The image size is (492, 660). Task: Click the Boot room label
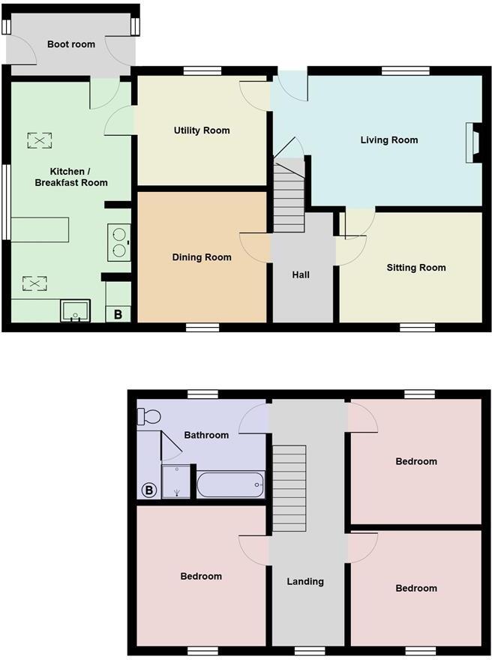coord(71,44)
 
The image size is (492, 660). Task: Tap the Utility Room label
coord(202,130)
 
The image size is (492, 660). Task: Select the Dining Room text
coord(202,257)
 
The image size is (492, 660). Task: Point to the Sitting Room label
coord(416,268)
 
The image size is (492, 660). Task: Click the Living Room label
coord(389,140)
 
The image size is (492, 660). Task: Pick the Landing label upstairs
coord(305,581)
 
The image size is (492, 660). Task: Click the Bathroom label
coord(206,435)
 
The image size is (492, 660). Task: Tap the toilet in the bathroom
coord(148,415)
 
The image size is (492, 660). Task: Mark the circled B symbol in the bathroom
coord(148,490)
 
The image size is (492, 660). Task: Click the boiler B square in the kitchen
coord(118,314)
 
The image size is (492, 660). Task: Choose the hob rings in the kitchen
coord(119,241)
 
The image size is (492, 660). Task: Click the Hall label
coord(301,275)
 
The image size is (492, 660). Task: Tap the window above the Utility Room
coord(202,71)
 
